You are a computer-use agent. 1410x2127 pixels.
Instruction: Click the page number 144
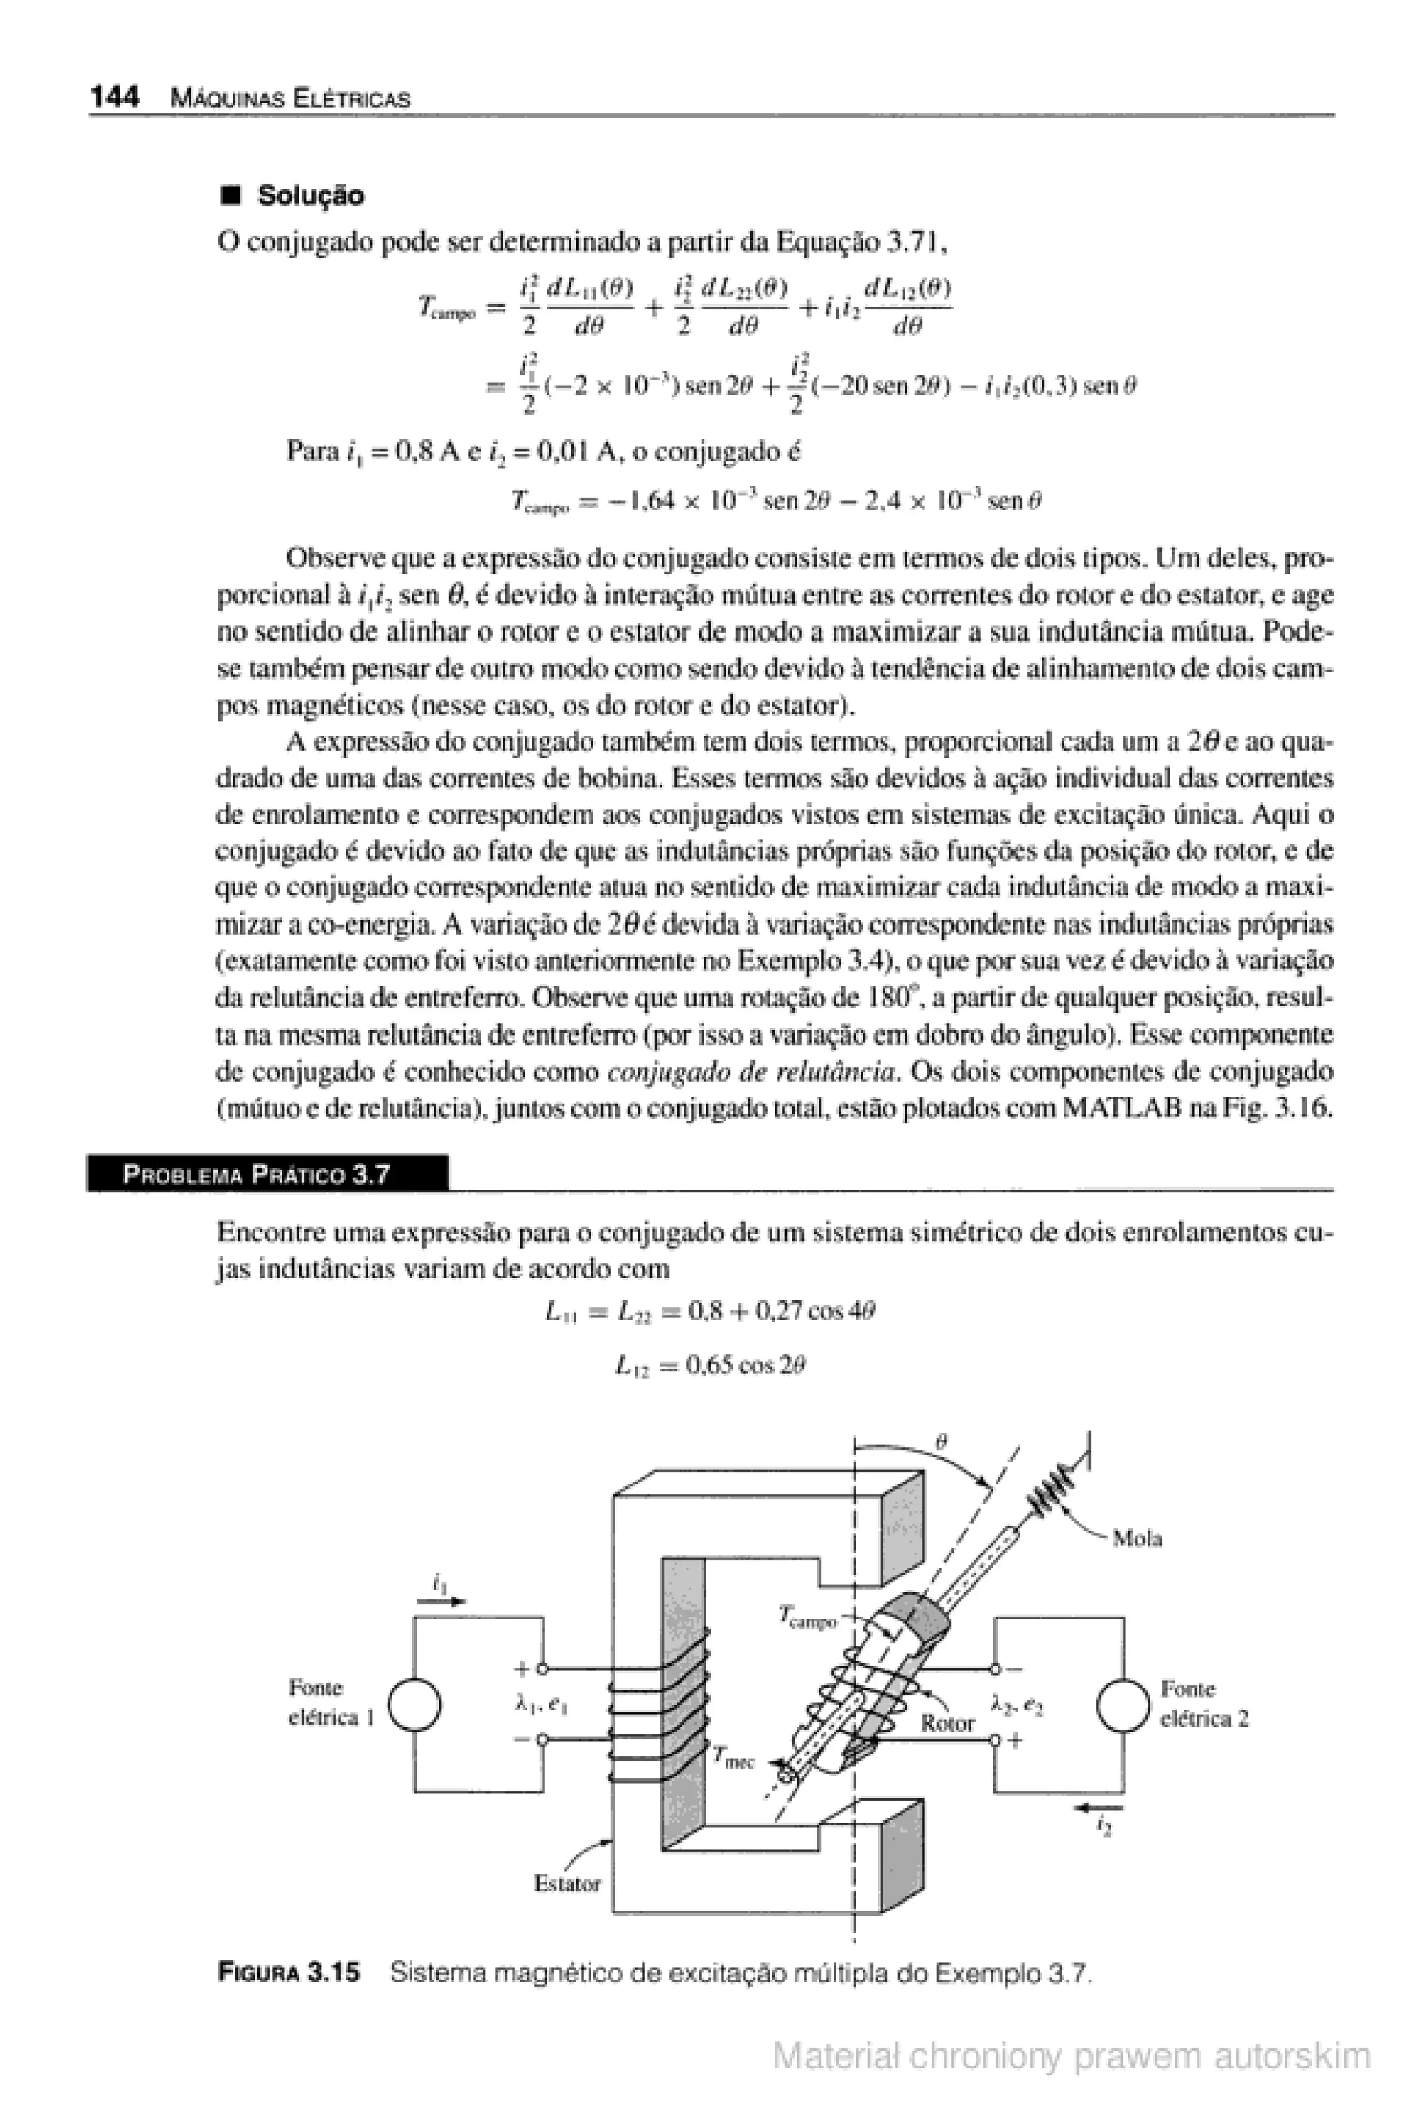pyautogui.click(x=114, y=97)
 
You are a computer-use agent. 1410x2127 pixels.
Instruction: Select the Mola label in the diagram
pyautogui.click(x=1137, y=1538)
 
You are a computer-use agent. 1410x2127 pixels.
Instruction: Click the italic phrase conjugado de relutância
pyautogui.click(x=752, y=1072)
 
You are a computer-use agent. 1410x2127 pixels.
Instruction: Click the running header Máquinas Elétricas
pyautogui.click(x=290, y=99)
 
